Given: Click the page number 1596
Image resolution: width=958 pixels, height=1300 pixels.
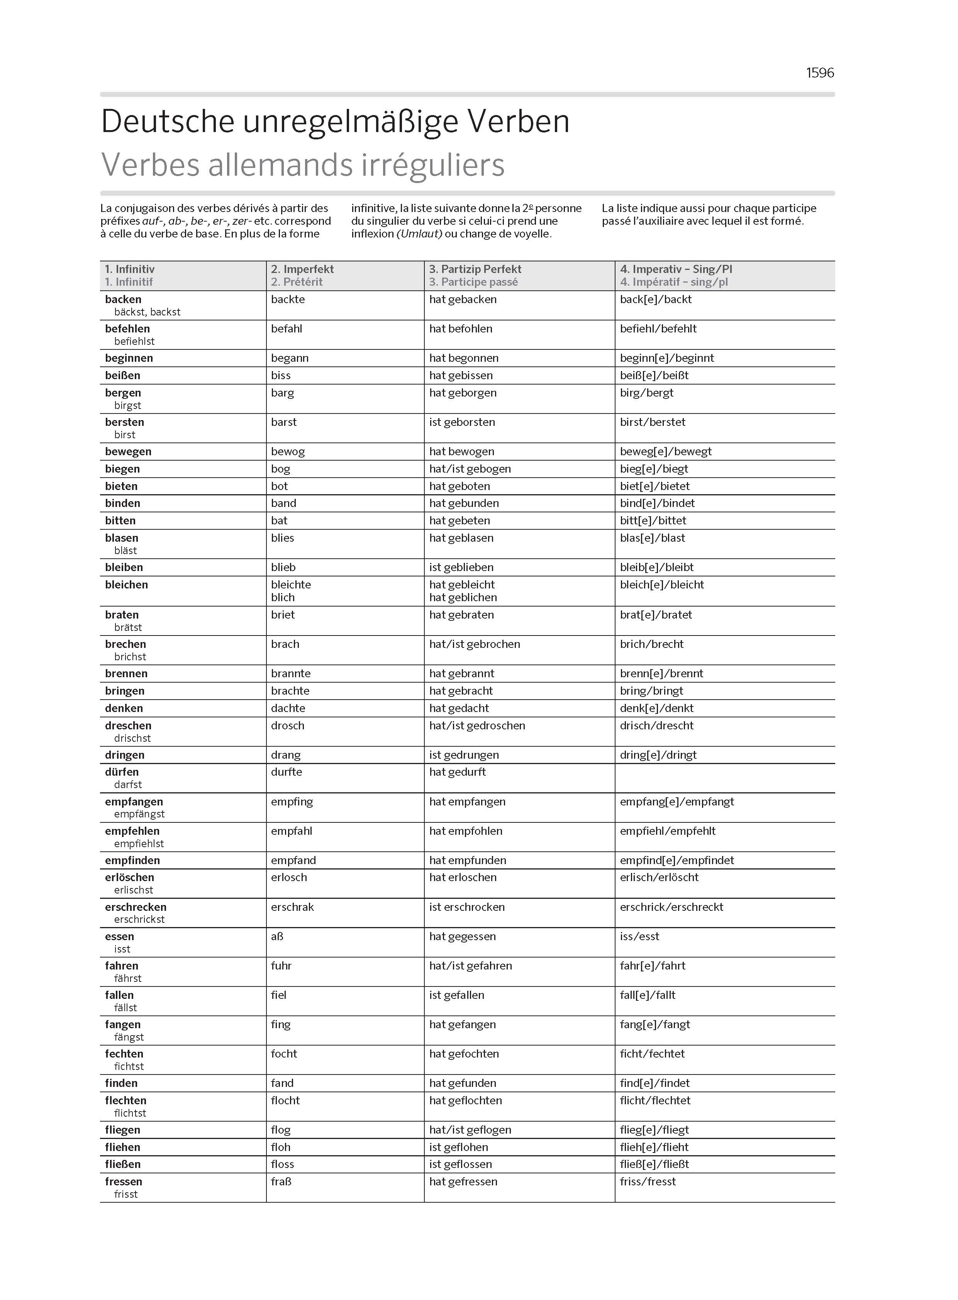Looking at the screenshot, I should (819, 73).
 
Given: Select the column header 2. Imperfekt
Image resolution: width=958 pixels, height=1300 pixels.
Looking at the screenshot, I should (302, 269).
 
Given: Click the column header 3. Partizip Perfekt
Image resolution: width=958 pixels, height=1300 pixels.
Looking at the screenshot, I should (475, 269).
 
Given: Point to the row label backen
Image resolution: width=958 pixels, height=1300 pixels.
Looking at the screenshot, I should (123, 299).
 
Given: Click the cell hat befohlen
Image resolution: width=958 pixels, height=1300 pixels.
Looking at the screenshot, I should (460, 329).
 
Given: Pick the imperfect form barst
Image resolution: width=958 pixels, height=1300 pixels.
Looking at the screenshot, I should (283, 422).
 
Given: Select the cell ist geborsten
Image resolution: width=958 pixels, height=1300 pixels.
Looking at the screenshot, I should (461, 422).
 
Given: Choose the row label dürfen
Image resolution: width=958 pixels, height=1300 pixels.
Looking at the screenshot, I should (122, 772).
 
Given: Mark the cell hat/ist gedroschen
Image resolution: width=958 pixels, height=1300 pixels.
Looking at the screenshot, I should (476, 725).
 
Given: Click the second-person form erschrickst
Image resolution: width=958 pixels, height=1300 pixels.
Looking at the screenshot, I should (139, 919).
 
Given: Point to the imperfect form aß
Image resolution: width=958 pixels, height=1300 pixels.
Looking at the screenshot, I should (277, 936).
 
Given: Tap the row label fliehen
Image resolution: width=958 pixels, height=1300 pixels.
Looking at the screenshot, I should (122, 1147).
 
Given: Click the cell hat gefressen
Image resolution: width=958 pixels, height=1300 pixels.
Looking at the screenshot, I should (463, 1181).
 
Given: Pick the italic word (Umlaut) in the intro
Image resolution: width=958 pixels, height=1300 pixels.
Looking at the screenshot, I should (419, 234).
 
